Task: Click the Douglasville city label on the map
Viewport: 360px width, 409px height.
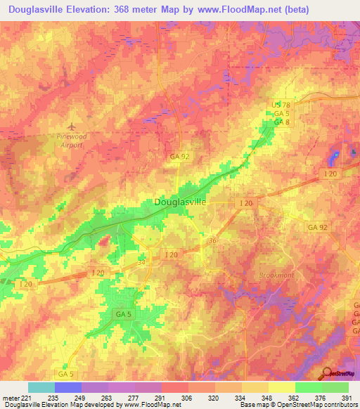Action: pyautogui.click(x=179, y=202)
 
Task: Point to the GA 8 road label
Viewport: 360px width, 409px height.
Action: pyautogui.click(x=282, y=122)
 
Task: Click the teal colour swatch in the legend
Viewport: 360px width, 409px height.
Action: pyautogui.click(x=41, y=387)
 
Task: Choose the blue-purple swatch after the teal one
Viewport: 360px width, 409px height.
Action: pyautogui.click(x=68, y=387)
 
